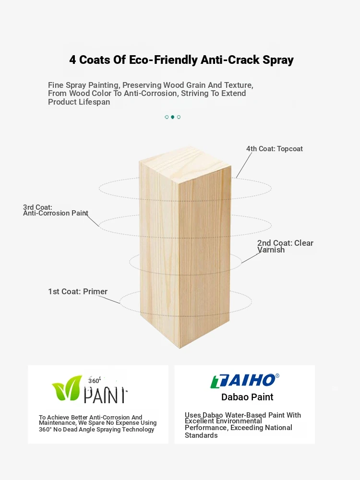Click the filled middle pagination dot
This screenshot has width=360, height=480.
(x=173, y=117)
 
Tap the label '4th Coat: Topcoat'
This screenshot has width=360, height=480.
(x=274, y=149)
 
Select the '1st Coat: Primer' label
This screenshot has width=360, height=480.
(x=78, y=291)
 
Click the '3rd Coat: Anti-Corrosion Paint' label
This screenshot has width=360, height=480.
(x=55, y=210)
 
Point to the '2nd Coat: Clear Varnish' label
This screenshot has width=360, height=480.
(x=285, y=246)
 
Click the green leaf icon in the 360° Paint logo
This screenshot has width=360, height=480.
(x=67, y=388)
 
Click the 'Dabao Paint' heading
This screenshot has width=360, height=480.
(x=247, y=397)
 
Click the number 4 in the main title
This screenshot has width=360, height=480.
(x=72, y=60)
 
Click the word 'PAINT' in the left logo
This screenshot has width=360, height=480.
(x=106, y=395)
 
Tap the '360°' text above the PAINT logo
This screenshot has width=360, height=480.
(x=94, y=381)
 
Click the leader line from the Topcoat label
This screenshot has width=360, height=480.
(x=244, y=165)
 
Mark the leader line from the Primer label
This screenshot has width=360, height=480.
(x=108, y=300)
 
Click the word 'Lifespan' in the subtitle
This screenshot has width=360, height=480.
(x=94, y=102)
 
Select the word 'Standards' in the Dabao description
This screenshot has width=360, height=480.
(x=201, y=435)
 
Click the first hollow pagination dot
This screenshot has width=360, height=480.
(x=167, y=117)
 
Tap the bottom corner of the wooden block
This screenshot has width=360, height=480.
(x=180, y=348)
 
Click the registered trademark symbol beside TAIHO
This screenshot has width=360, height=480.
(x=277, y=376)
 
